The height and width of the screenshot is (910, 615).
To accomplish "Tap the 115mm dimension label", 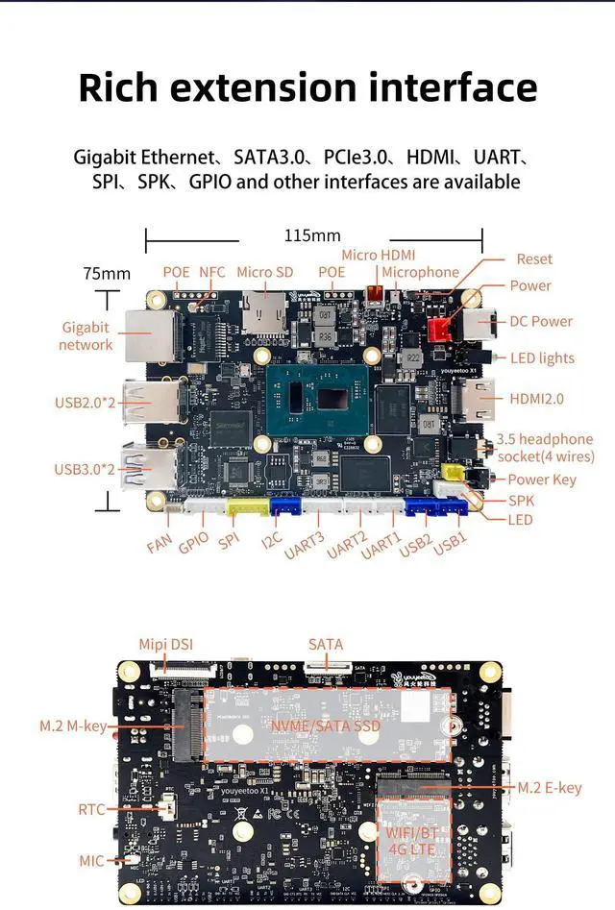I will [312, 235].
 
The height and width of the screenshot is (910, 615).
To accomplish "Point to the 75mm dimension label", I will [106, 274].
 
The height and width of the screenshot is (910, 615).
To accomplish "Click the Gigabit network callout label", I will [86, 335].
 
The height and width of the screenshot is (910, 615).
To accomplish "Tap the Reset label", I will [534, 258].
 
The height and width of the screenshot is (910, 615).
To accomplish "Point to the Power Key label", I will [542, 480].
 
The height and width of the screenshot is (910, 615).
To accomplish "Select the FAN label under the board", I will [160, 545].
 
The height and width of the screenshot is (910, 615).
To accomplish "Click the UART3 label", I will [304, 545].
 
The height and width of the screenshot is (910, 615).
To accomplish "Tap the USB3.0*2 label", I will [85, 469].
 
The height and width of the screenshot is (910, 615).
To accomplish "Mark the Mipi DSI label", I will [165, 644].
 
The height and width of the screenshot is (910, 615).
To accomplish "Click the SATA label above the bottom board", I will [326, 644].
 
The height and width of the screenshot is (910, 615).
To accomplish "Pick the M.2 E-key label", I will [550, 788].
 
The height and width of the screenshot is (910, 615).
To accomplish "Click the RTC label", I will [91, 810].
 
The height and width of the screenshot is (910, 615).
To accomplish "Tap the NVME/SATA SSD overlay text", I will [326, 726].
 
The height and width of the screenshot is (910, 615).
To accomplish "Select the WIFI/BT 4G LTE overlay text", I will [411, 841].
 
